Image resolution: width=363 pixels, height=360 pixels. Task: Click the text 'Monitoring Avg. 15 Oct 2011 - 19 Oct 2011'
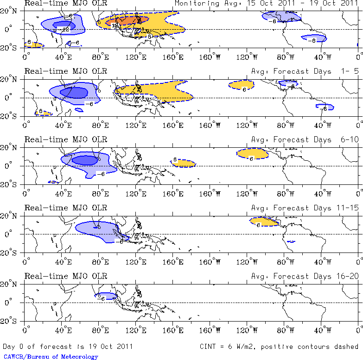[267, 3]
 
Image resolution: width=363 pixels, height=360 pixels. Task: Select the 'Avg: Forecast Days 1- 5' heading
[305, 71]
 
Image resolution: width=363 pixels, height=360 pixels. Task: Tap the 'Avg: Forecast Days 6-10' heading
[305, 139]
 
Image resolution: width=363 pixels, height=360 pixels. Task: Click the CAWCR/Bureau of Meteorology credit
[50, 357]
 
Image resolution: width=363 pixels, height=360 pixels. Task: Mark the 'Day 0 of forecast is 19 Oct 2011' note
[68, 346]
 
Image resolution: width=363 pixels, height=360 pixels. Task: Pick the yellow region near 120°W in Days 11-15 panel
[263, 221]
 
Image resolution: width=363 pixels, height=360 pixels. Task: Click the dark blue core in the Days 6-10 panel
[85, 160]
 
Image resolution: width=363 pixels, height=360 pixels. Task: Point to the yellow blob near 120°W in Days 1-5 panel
[242, 85]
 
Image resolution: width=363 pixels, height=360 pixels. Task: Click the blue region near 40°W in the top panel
[314, 38]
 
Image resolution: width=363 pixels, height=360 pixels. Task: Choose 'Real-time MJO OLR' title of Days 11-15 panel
[65, 208]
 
